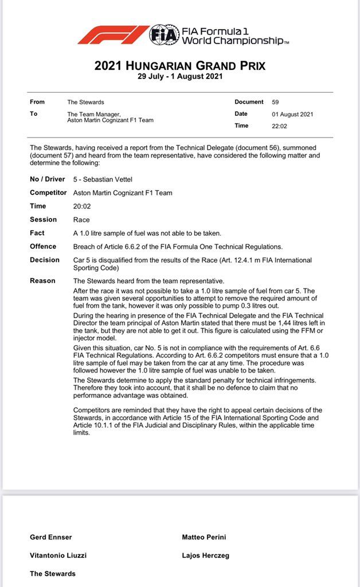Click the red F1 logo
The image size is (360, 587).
pyautogui.click(x=113, y=34)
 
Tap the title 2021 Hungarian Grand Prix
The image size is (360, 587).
pyautogui.click(x=180, y=66)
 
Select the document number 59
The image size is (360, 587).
pyautogui.click(x=276, y=102)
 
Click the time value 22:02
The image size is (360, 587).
pyautogui.click(x=280, y=126)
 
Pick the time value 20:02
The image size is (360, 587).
pyautogui.click(x=81, y=206)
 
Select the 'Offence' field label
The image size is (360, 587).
pyautogui.click(x=43, y=246)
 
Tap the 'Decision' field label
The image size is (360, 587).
pyautogui.click(x=45, y=260)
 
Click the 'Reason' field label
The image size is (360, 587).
pyautogui.click(x=42, y=281)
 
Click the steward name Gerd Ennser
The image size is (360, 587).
pyautogui.click(x=51, y=537)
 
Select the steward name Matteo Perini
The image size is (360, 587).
pyautogui.click(x=204, y=537)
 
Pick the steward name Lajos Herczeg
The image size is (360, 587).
pyautogui.click(x=206, y=555)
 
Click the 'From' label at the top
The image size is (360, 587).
pyautogui.click(x=37, y=102)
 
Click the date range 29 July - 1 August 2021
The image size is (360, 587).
pyautogui.click(x=180, y=76)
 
